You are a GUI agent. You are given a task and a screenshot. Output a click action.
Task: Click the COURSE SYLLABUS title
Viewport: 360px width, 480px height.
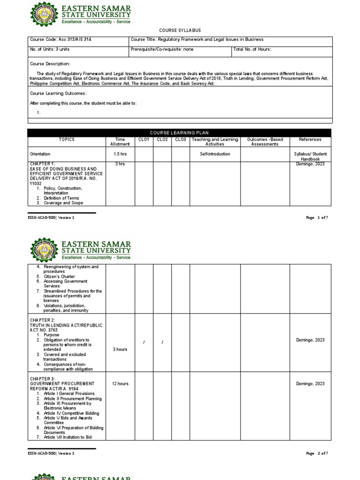(x=180, y=30)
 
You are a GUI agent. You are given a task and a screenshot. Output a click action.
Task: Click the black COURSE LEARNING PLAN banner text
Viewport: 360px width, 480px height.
(x=180, y=133)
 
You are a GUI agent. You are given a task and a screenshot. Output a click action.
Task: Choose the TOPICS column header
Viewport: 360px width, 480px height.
(x=67, y=140)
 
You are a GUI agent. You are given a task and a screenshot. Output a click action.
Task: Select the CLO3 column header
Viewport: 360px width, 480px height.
(x=180, y=140)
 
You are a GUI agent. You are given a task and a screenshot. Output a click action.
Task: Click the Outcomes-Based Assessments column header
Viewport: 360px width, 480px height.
(x=265, y=142)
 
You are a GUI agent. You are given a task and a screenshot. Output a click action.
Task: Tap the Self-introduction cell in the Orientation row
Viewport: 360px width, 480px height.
(x=215, y=154)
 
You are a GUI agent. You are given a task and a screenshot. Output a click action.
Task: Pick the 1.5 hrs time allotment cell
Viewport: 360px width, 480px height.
(x=120, y=154)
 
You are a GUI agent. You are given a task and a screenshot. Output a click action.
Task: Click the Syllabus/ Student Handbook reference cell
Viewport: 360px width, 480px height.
(x=310, y=156)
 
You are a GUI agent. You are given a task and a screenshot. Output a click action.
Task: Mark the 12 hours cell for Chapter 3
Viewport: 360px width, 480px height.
(x=120, y=384)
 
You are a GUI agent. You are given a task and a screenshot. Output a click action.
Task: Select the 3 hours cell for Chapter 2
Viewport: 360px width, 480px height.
(x=120, y=350)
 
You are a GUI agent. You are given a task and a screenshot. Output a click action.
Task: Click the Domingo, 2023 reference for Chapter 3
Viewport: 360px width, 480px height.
(x=310, y=384)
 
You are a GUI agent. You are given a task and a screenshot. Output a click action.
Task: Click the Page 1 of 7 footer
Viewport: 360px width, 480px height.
(x=317, y=218)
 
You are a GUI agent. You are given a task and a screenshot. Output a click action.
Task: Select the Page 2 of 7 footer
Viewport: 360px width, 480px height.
(x=317, y=454)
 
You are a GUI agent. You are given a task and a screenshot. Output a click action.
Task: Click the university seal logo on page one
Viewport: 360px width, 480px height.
(x=45, y=15)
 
